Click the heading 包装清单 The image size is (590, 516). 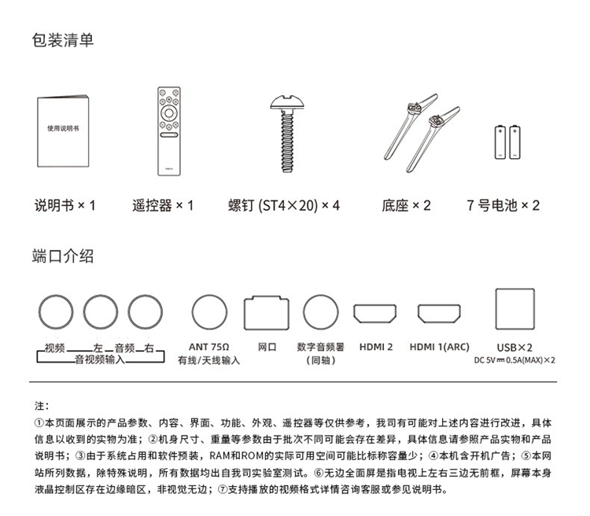click(x=63, y=39)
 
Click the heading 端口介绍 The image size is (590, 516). click(x=63, y=256)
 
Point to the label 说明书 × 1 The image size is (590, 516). click(x=65, y=206)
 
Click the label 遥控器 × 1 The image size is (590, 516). click(x=163, y=206)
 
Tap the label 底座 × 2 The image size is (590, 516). click(x=406, y=206)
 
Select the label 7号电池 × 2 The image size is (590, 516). click(x=503, y=206)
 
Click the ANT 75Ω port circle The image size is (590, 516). click(x=209, y=311)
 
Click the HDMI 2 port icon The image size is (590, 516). click(x=374, y=313)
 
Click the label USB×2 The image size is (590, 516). click(x=515, y=347)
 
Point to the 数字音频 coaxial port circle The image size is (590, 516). click(x=321, y=311)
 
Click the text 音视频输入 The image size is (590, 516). click(x=100, y=359)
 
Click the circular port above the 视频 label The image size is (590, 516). click(x=57, y=311)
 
